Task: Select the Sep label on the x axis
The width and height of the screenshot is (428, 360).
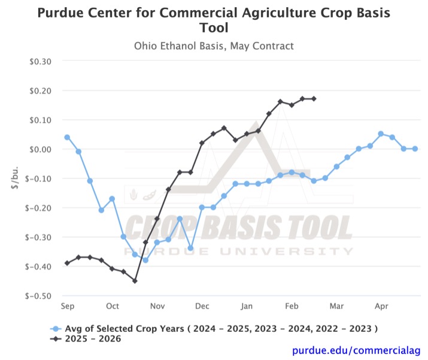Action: pos(67,306)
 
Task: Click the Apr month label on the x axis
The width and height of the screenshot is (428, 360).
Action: pos(381,306)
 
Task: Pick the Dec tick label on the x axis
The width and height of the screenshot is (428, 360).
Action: pos(202,306)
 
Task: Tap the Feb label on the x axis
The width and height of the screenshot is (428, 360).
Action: pos(292,306)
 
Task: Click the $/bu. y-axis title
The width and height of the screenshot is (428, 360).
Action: pos(15,178)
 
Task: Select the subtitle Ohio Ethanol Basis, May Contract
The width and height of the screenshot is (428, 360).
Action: pos(214,46)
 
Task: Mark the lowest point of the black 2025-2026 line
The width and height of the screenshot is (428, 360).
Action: pos(135,281)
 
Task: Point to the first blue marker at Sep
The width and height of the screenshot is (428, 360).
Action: pos(67,137)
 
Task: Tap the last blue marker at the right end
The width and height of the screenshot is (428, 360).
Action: pos(415,149)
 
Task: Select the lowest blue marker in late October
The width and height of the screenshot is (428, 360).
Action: pos(145,260)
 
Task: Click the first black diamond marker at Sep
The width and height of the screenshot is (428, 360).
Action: pos(67,263)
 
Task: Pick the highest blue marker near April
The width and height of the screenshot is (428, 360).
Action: pos(381,134)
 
